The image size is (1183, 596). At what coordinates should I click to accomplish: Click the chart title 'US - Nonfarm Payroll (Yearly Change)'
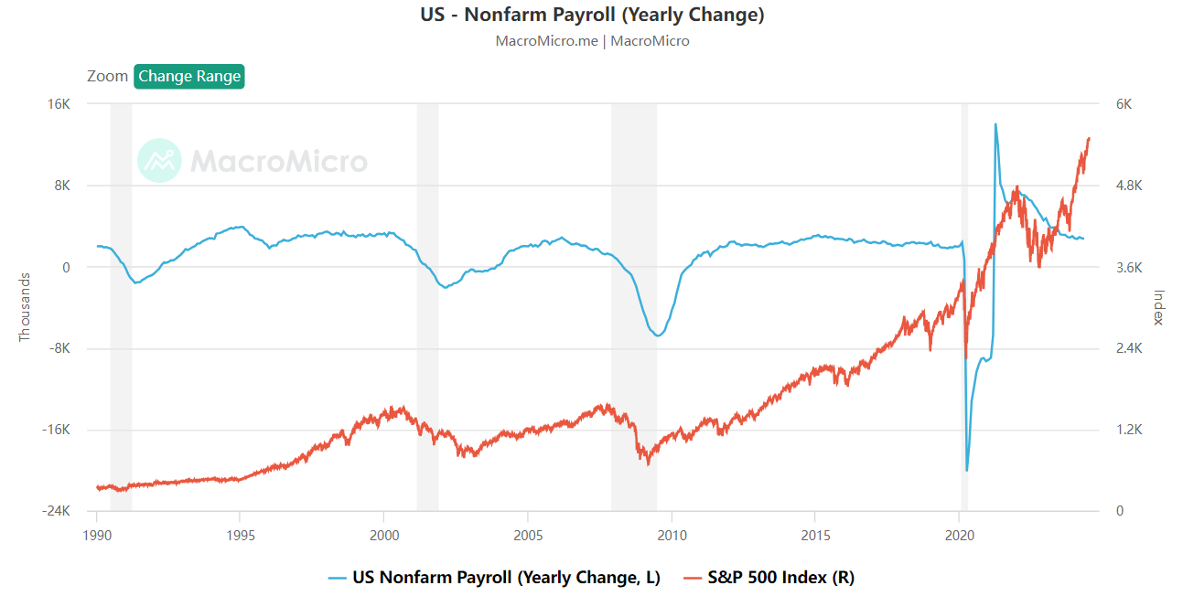[591, 15]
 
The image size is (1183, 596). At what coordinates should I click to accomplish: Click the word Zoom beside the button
[107, 76]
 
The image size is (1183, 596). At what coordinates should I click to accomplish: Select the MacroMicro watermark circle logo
[160, 162]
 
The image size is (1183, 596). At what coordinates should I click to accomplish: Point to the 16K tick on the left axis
[59, 104]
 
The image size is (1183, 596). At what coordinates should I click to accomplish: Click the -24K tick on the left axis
[57, 511]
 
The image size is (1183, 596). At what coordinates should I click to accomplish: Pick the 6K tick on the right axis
[1123, 104]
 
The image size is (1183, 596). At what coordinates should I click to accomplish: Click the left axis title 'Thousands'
[25, 307]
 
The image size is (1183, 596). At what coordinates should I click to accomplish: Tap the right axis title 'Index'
[1158, 307]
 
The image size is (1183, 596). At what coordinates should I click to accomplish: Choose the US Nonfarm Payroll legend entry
[494, 577]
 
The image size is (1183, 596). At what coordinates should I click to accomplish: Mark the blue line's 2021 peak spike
[995, 124]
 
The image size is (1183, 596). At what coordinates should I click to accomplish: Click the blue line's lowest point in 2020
[967, 470]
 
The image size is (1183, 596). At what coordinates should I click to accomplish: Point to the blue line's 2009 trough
[657, 335]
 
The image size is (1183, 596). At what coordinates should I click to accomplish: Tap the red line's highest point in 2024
[1089, 138]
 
